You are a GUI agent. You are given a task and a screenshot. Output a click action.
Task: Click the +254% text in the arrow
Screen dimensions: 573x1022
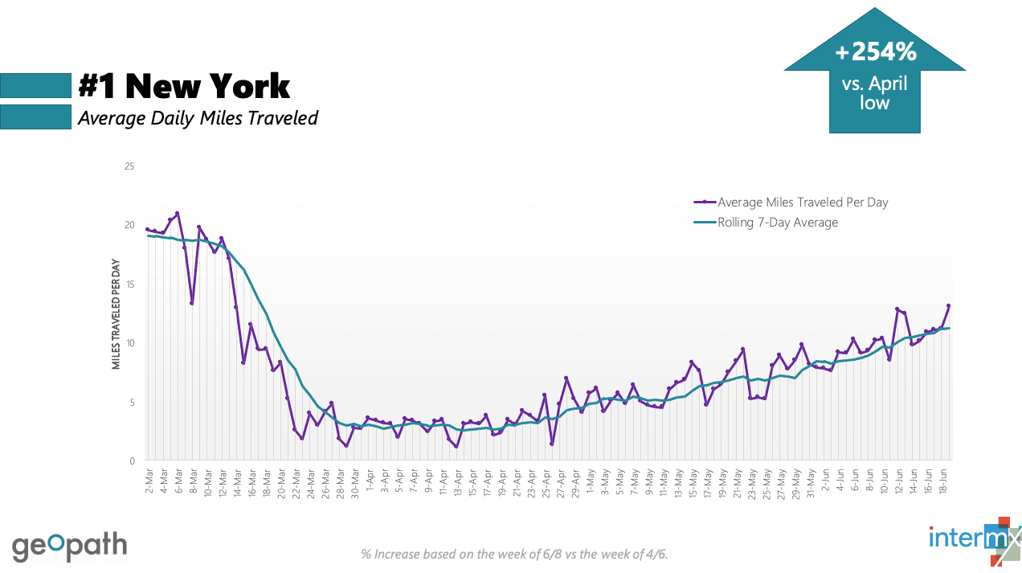(x=875, y=53)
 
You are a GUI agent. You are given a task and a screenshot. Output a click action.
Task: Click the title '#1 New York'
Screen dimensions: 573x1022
(x=184, y=86)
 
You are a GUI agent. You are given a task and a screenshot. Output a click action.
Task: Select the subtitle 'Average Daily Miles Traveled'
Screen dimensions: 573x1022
(x=198, y=118)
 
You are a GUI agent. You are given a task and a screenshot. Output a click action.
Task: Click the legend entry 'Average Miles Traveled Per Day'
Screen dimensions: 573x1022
(x=803, y=203)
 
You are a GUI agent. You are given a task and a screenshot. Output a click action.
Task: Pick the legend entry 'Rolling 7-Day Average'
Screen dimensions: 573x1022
(x=777, y=223)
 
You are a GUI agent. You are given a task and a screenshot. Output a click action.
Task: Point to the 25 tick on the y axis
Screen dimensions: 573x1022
(x=129, y=166)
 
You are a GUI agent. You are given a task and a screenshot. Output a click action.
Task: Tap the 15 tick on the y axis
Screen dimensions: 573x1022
(x=129, y=284)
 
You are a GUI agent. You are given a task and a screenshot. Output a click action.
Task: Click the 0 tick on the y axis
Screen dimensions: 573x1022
(x=132, y=461)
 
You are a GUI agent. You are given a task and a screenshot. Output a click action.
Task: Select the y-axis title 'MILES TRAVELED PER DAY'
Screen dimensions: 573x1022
(x=116, y=313)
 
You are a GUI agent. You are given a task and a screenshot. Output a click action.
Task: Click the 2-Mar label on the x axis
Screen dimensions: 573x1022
(x=149, y=481)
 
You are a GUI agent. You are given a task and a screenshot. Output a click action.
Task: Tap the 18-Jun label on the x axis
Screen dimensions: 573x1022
(x=943, y=481)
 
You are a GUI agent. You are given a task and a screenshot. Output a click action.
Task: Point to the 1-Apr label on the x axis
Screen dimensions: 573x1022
(x=370, y=481)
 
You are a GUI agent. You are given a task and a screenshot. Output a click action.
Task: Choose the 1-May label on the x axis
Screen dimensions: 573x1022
(x=591, y=481)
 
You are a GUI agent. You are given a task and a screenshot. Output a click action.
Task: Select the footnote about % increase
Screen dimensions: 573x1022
(x=514, y=554)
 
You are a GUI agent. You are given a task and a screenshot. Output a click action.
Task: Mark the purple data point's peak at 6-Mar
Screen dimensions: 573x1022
(x=177, y=213)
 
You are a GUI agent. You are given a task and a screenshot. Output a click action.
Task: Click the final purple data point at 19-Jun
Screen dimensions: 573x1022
(x=949, y=305)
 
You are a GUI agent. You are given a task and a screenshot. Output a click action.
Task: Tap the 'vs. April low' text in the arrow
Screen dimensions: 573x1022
(x=875, y=92)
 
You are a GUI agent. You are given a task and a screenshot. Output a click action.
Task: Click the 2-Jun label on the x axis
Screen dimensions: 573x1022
(x=825, y=481)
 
